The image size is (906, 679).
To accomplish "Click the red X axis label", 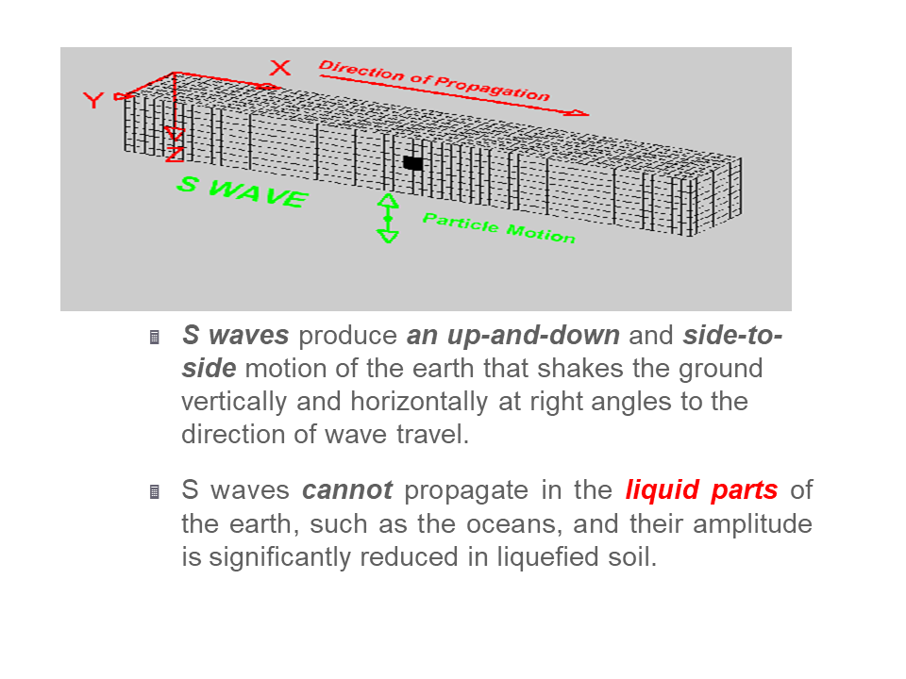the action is click(280, 68).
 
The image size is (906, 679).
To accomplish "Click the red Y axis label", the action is click(93, 100).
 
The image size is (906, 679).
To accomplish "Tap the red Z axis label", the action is click(175, 153).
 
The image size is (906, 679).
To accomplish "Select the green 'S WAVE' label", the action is click(243, 191).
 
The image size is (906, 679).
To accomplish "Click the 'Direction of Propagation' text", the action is click(434, 81).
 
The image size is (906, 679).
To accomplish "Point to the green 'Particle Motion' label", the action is click(498, 227).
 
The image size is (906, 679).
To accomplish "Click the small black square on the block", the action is click(412, 162).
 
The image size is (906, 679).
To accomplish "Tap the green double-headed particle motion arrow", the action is click(388, 219).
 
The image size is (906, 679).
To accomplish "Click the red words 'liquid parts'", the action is click(701, 490).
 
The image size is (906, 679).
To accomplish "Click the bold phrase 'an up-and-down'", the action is click(512, 336).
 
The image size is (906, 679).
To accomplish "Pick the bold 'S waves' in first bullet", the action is click(226, 336).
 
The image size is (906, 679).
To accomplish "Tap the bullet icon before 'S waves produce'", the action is click(155, 337).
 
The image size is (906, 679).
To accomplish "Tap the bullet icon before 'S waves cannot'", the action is click(155, 491).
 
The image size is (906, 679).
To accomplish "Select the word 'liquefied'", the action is click(544, 556).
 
